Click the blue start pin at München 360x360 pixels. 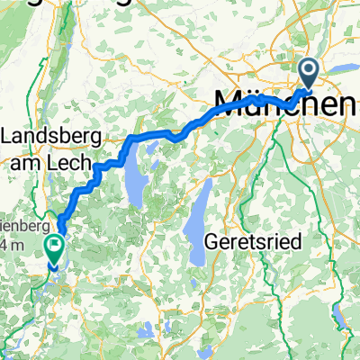(x=308, y=72)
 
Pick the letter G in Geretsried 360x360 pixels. (x=213, y=241)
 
